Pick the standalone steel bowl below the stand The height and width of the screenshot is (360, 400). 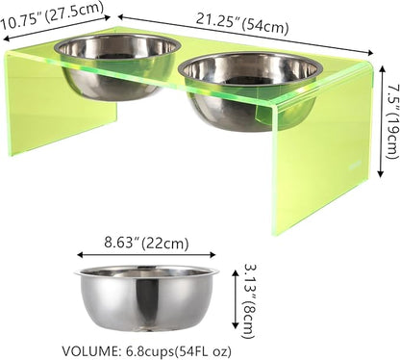[x=146, y=298]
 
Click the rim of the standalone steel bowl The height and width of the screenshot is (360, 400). [x=146, y=271]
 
